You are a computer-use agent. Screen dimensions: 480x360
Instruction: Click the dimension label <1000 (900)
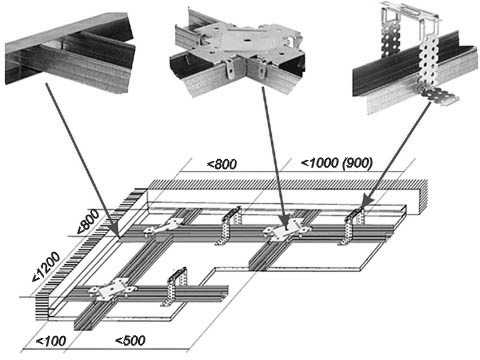point(337,163)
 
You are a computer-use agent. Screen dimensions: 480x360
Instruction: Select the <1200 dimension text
point(46,267)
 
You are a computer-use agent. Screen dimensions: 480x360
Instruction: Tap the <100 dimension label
point(51,341)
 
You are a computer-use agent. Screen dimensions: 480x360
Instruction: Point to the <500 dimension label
point(130,340)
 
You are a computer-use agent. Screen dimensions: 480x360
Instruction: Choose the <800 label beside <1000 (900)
point(222,164)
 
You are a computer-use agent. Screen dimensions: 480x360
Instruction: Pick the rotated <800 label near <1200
point(88,221)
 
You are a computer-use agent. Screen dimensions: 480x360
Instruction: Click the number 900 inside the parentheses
point(357,163)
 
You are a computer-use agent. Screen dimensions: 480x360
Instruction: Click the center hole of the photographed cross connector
point(247,41)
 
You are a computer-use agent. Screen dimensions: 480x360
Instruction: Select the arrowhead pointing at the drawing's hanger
point(366,202)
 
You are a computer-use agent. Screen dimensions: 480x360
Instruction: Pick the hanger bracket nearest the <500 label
point(175,287)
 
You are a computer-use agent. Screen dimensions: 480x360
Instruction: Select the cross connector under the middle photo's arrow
point(287,229)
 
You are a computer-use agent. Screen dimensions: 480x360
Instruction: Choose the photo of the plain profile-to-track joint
point(70,53)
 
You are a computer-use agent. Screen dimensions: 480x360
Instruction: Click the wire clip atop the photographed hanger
point(411,13)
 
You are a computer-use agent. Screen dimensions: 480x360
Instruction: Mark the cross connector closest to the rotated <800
point(163,227)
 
